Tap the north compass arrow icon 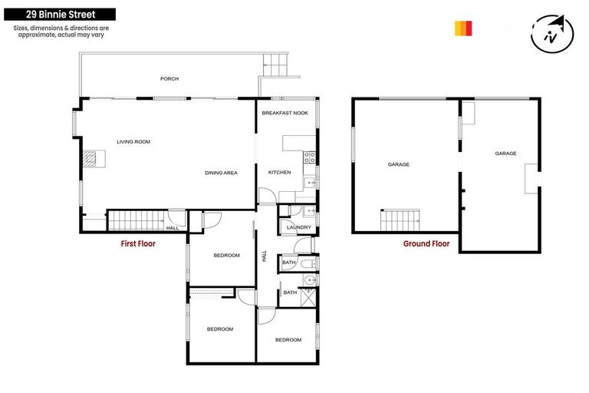click(553, 33)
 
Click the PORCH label click(169, 79)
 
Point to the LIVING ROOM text click(133, 142)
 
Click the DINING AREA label click(220, 173)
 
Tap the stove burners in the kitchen click(309, 158)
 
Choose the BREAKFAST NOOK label click(285, 113)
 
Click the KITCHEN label click(279, 173)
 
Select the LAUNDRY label click(298, 227)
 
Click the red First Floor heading click(138, 244)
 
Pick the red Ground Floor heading click(426, 244)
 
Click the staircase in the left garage click(400, 220)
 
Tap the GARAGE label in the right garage click(505, 154)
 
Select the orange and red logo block click(463, 28)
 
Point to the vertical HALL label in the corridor click(265, 257)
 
